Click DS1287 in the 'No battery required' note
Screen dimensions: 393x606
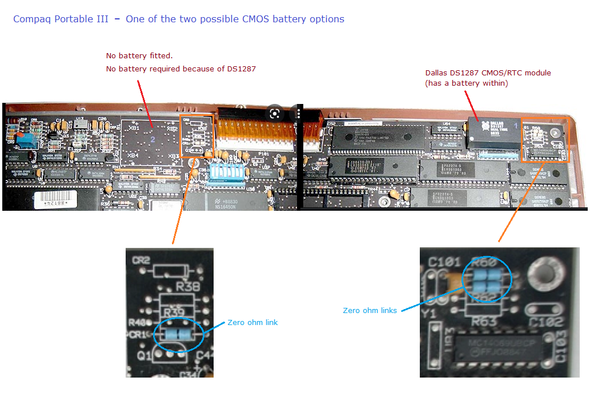[x=242, y=69]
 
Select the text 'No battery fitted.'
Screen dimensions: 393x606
[x=139, y=56]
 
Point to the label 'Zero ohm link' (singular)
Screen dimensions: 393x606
[x=252, y=323]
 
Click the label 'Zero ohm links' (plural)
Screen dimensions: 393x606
[x=369, y=311]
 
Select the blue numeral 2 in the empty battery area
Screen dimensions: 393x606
[x=152, y=139]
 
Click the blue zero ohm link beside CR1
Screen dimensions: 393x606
[x=178, y=334]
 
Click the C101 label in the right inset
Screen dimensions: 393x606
[x=444, y=263]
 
